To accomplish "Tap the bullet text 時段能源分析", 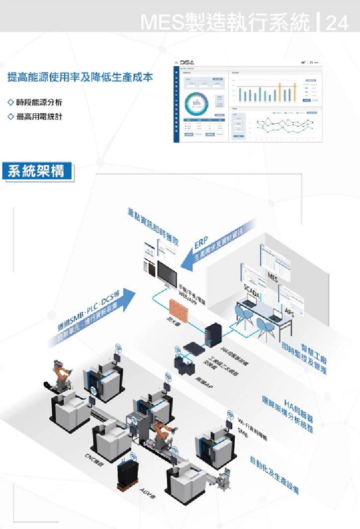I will [x=39, y=103].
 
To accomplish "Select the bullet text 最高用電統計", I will [x=39, y=117].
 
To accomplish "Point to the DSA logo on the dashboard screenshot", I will [x=188, y=63].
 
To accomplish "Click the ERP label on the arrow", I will [x=201, y=243].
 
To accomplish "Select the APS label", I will [x=290, y=312].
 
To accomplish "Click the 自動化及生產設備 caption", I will [x=273, y=474].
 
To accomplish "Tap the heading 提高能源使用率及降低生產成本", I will [x=80, y=78].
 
